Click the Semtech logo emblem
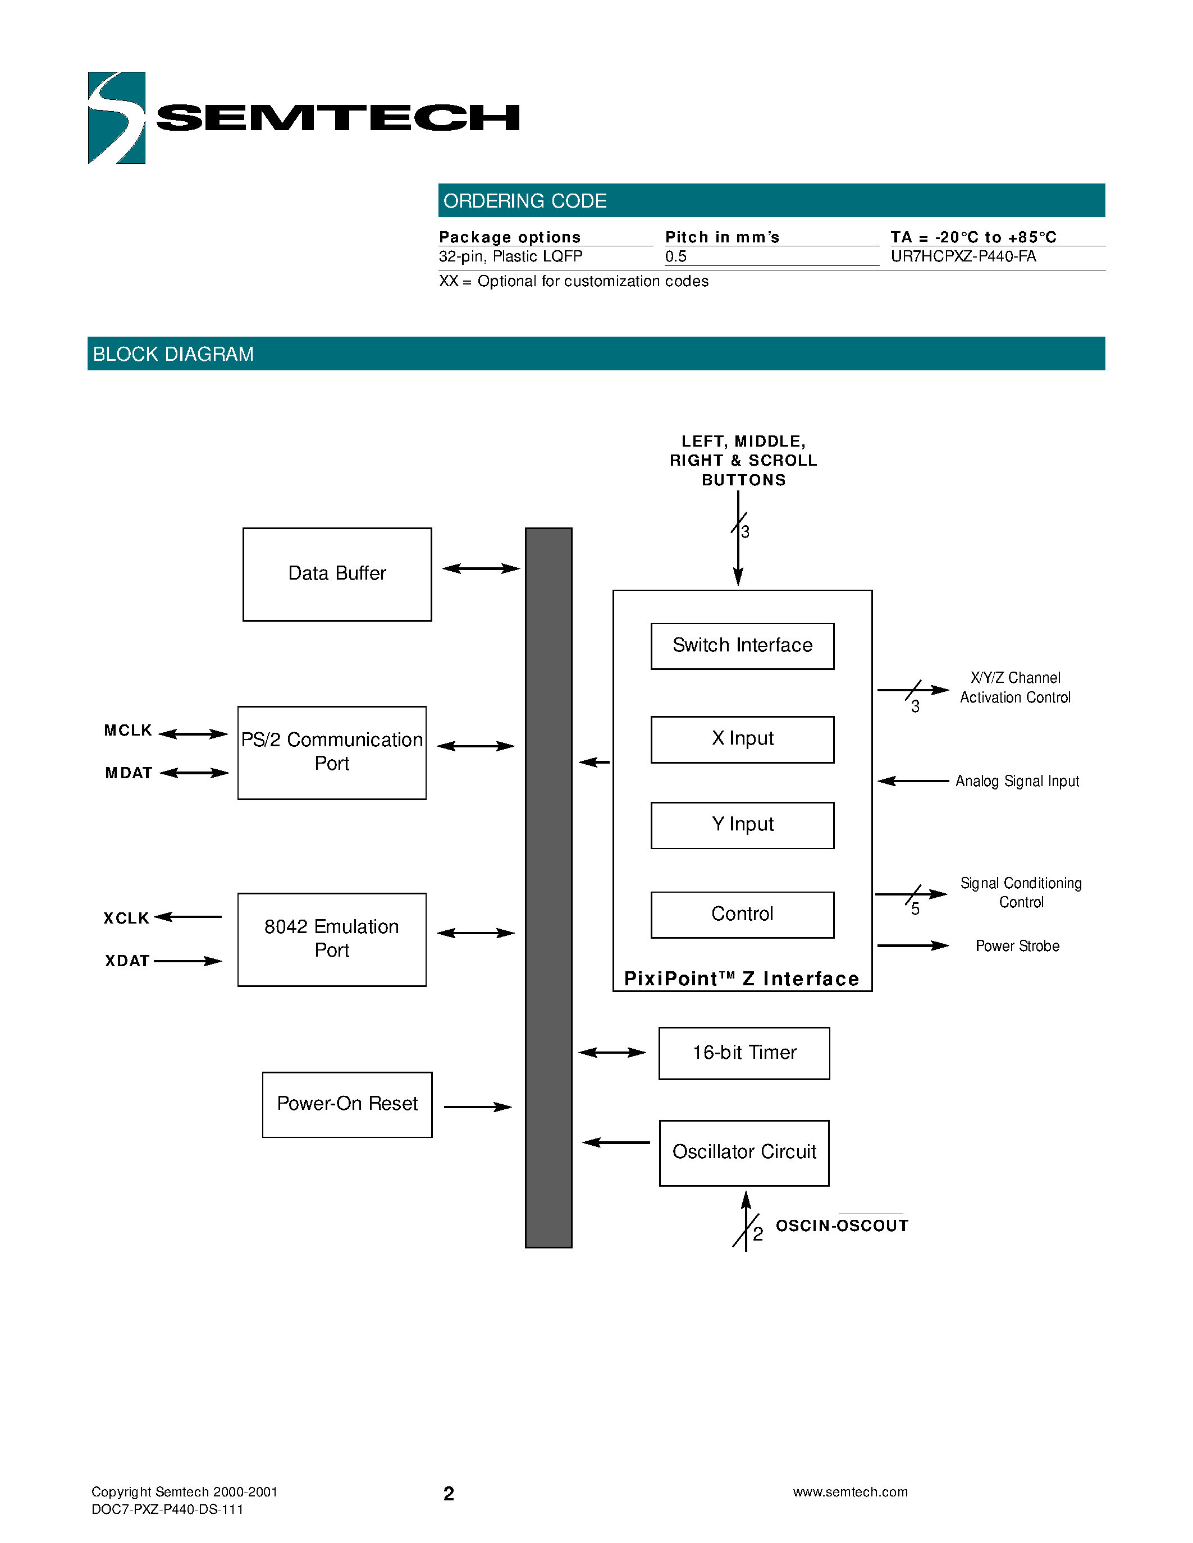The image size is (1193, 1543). [117, 118]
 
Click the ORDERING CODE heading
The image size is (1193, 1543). [524, 201]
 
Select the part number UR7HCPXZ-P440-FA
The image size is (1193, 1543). [963, 256]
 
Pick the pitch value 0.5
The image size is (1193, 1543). [675, 256]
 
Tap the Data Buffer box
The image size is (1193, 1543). [337, 573]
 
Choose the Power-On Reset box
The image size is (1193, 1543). [347, 1104]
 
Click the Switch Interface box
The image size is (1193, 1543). [742, 646]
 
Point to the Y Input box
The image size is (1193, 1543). [742, 824]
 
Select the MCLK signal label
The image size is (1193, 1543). [128, 731]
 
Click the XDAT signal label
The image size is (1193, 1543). [127, 961]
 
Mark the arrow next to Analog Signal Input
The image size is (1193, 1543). [912, 780]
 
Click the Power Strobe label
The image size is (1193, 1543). [1017, 946]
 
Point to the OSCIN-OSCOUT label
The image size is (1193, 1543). [842, 1226]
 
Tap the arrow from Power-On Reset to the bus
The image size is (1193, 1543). [478, 1107]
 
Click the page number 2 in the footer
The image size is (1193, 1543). [448, 1494]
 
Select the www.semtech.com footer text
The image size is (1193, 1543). [849, 1492]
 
